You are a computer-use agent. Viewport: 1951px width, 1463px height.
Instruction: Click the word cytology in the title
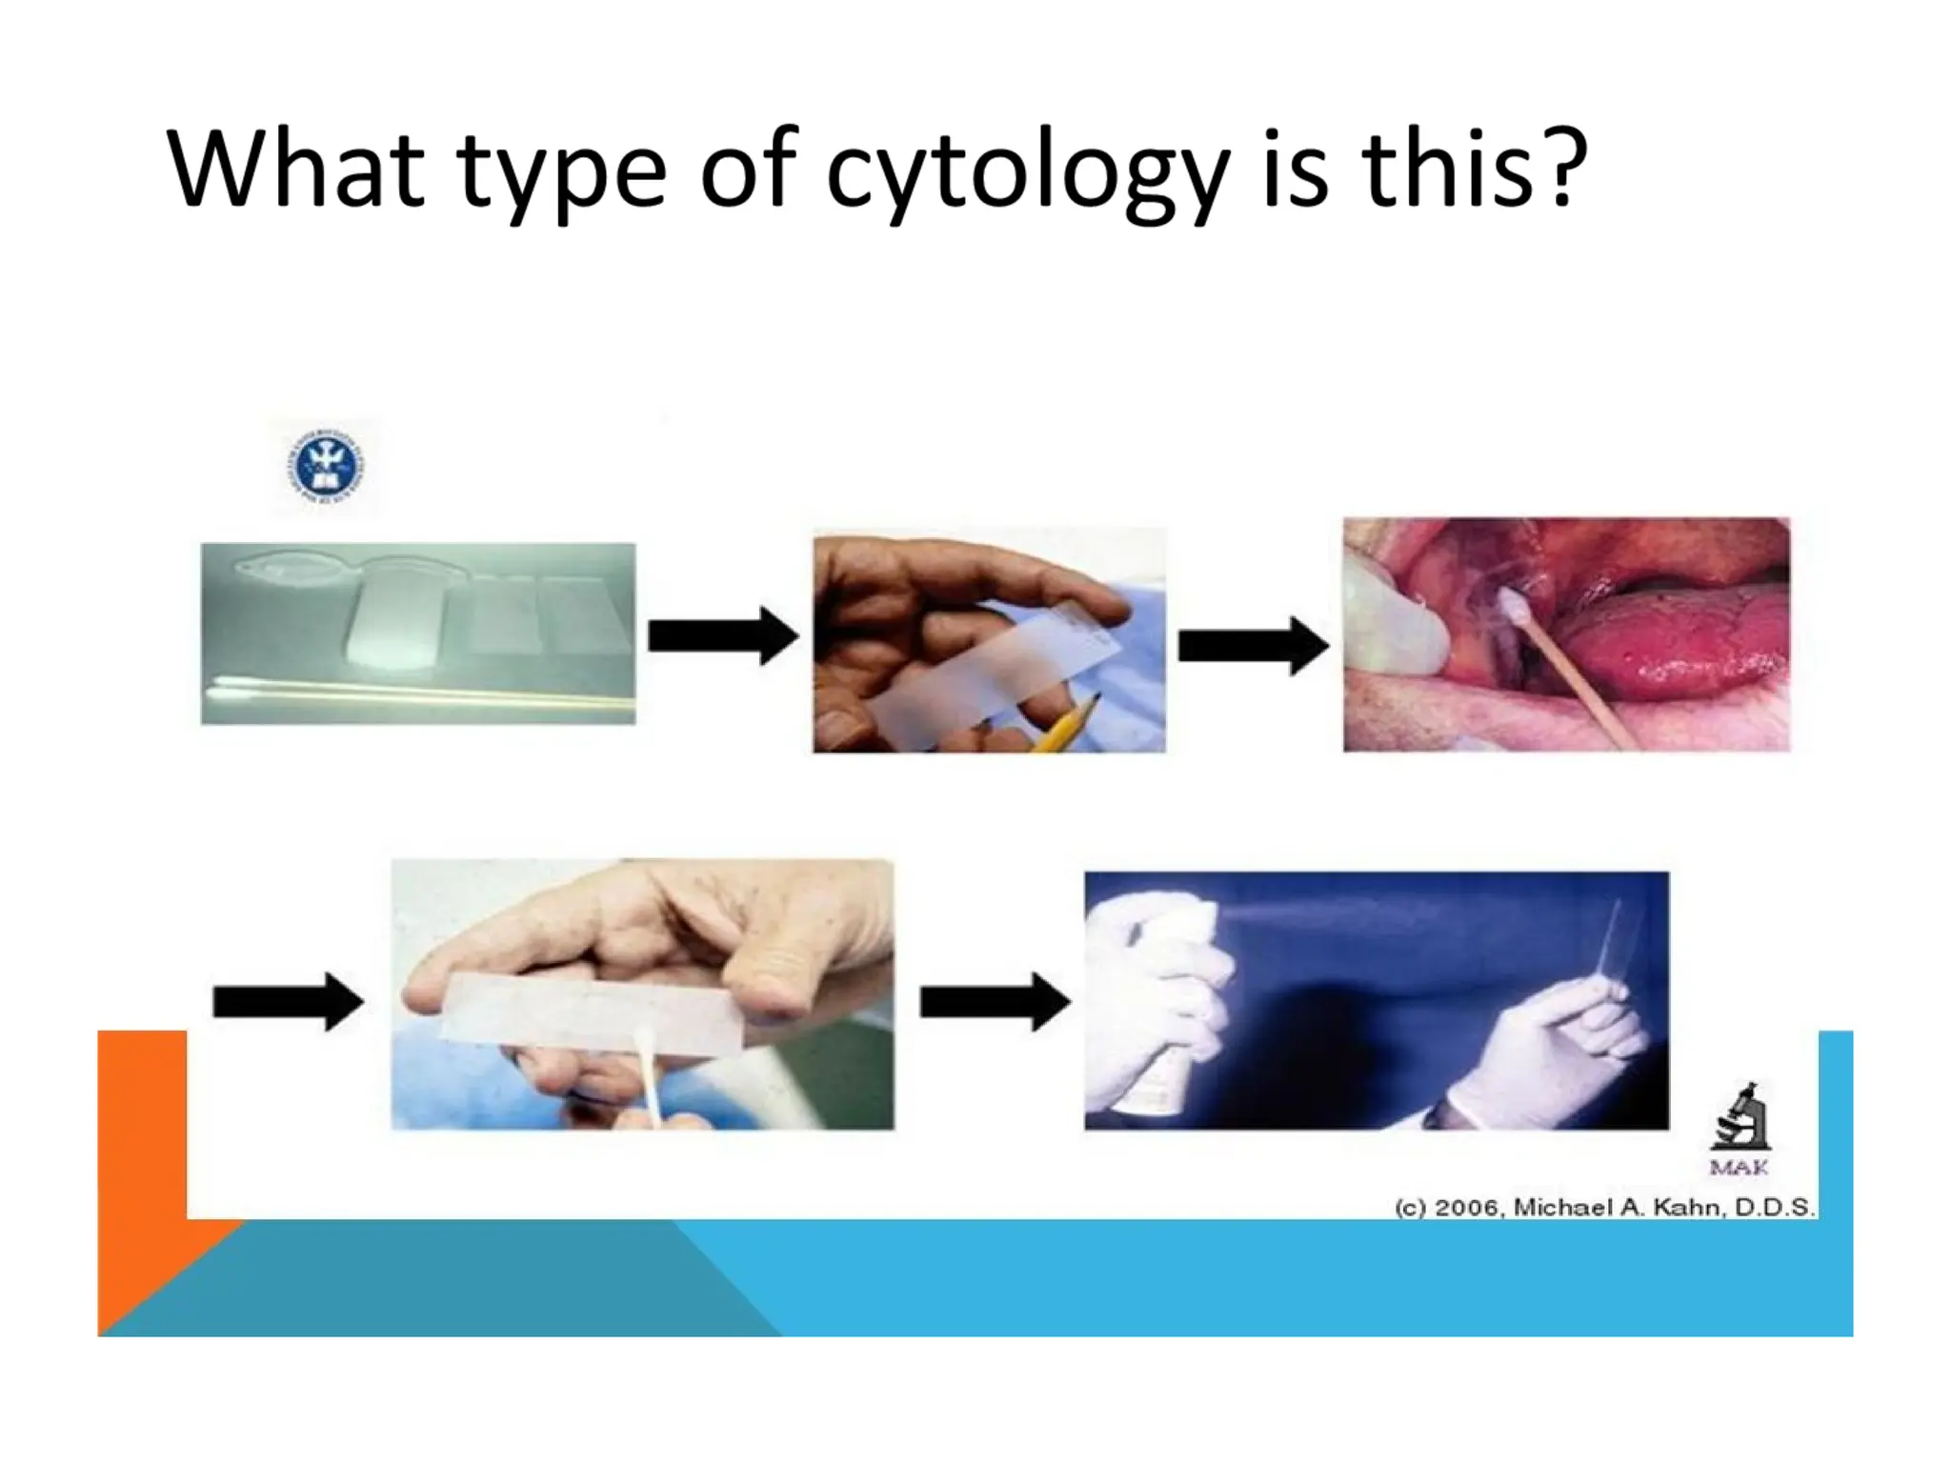[1027, 171]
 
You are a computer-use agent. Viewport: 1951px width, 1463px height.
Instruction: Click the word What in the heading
[294, 170]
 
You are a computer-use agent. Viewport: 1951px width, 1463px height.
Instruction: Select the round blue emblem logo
[325, 466]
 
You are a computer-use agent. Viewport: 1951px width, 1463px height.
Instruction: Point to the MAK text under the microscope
[1740, 1168]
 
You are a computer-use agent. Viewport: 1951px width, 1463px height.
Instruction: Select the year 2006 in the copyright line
[1468, 1208]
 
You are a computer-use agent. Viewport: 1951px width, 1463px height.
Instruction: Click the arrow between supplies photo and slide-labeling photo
[723, 635]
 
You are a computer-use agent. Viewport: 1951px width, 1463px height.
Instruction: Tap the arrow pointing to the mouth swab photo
[1253, 646]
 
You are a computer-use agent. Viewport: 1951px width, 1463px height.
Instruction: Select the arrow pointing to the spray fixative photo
[995, 1001]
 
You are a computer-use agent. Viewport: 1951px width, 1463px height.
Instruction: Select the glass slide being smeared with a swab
[591, 1013]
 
